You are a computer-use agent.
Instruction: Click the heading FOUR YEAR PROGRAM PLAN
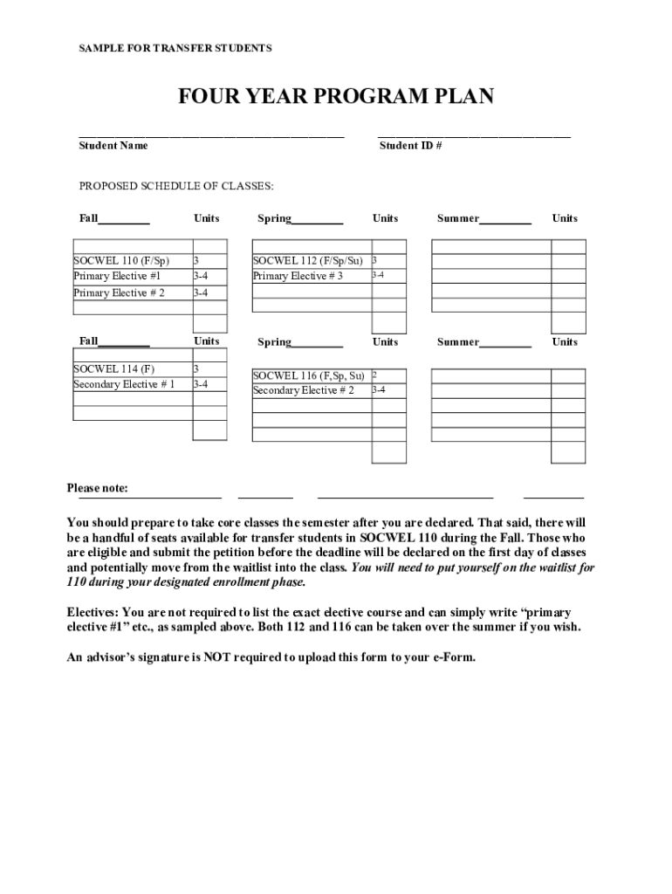coord(336,96)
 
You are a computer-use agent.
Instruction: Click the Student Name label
coord(113,146)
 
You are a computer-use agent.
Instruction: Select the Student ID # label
coord(410,146)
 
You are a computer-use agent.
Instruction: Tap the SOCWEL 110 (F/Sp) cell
coord(121,260)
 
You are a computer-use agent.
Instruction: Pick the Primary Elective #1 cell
coord(117,276)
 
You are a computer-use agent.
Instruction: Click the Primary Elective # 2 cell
coord(119,292)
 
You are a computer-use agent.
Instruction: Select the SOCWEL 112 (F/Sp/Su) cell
coord(307,260)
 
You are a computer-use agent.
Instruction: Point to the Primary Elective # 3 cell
coord(298,276)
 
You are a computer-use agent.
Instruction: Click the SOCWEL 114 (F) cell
coord(114,368)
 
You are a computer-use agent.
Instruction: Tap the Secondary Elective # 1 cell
coord(124,384)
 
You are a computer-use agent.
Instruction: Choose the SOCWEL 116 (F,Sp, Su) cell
coord(308,375)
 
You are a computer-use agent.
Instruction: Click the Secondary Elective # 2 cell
coord(303,390)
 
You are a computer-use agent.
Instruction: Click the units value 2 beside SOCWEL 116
coord(374,375)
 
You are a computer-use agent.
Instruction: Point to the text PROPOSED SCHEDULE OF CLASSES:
coord(176,186)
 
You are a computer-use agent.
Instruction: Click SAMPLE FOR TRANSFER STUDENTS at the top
coord(175,48)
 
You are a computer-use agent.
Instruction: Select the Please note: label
coord(98,488)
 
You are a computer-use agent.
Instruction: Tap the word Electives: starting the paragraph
coord(94,612)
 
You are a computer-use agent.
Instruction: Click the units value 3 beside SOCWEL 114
coord(196,368)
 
